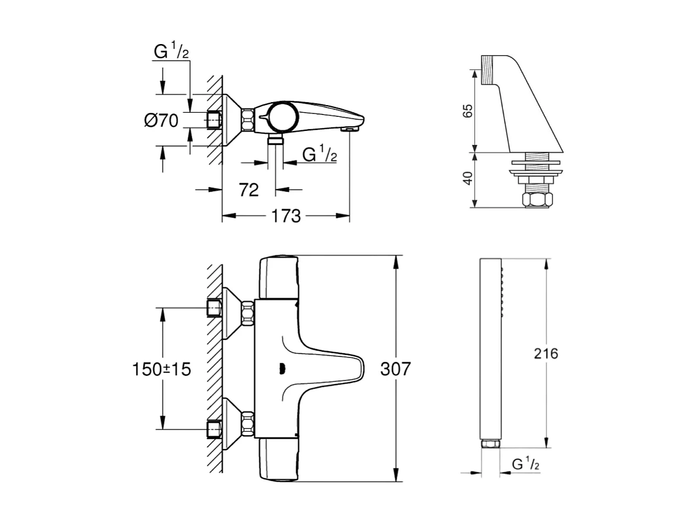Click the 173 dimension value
[286, 216]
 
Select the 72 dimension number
[249, 190]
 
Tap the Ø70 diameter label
[161, 122]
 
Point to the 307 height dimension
[396, 369]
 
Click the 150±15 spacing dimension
[161, 369]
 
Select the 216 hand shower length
[546, 354]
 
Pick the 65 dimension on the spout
[468, 110]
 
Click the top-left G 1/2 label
[171, 52]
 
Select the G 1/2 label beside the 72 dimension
[319, 154]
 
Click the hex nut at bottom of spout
[538, 200]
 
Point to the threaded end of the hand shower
[491, 444]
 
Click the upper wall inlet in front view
[215, 308]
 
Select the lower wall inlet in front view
[215, 430]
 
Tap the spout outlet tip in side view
[350, 128]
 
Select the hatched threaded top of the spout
[489, 70]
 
